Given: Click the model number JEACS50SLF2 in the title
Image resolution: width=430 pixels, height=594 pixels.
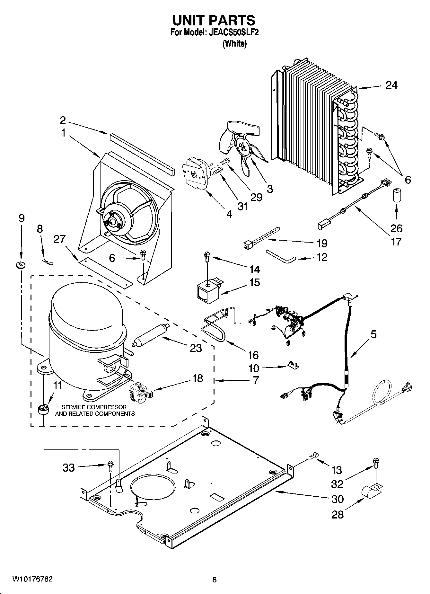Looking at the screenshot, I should (234, 32).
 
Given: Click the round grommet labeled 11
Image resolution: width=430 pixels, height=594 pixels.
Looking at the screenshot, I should (42, 410).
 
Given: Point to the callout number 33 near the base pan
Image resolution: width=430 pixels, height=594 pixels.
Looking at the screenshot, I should (68, 468).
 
